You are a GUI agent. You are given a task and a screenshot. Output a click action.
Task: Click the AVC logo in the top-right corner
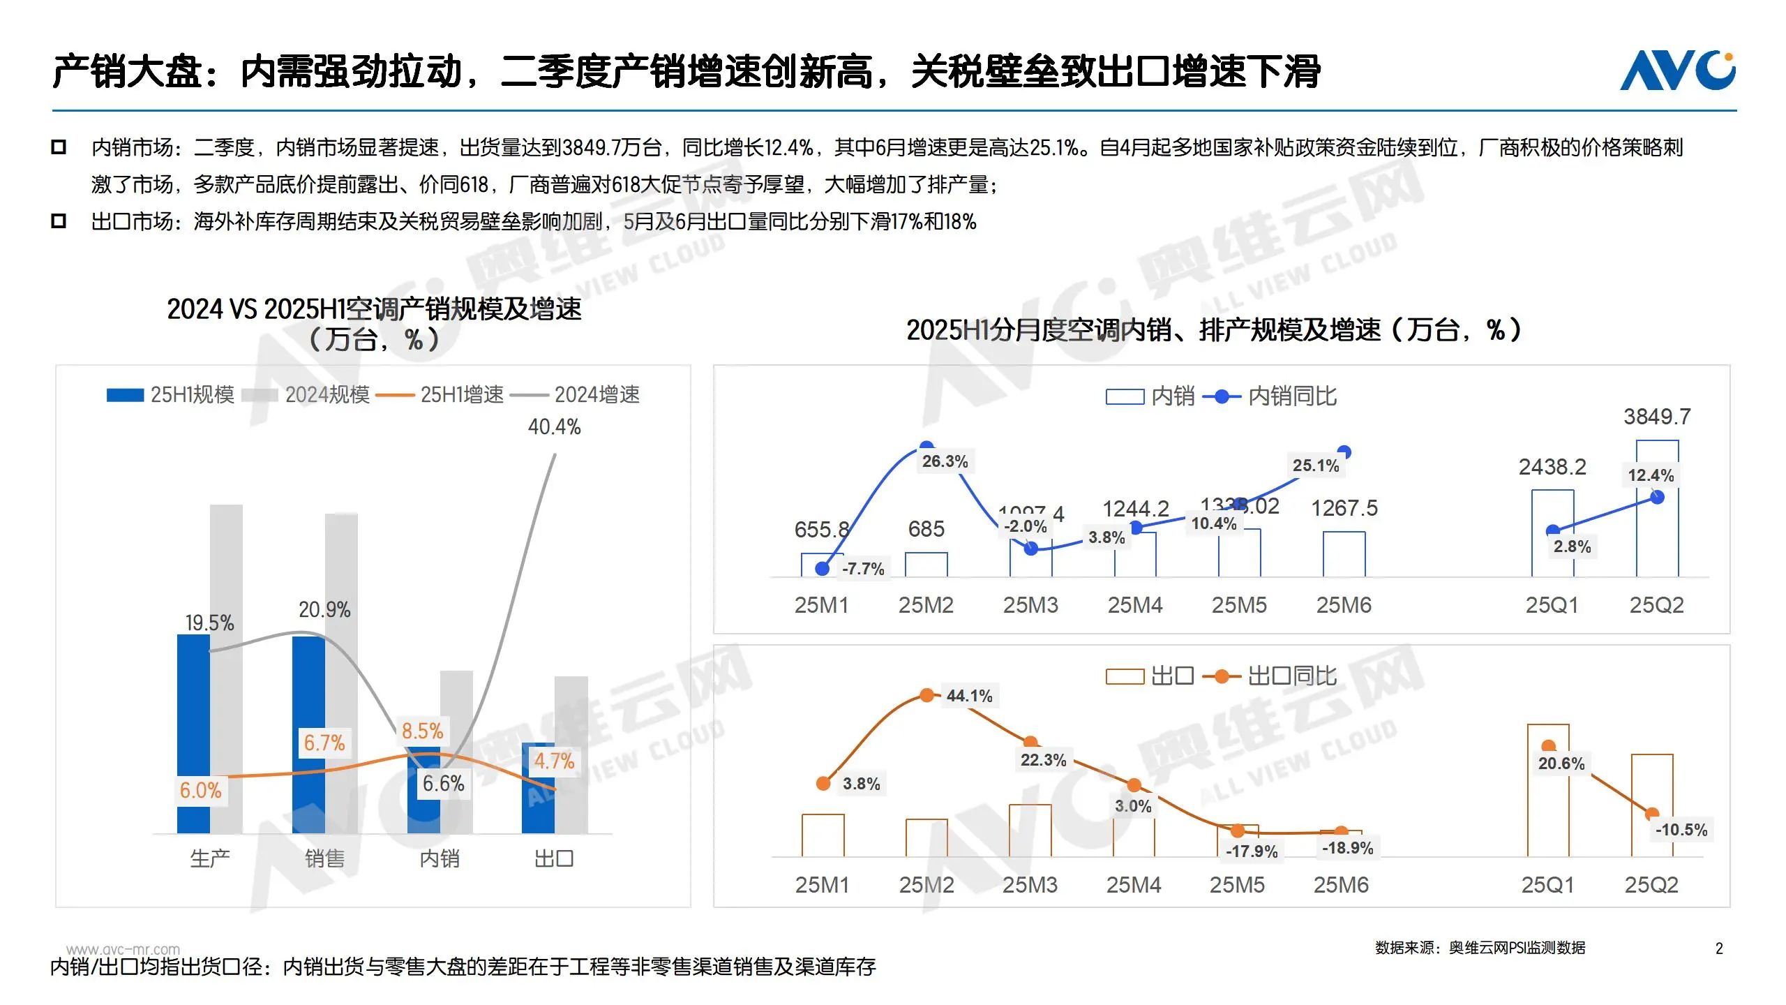point(1677,70)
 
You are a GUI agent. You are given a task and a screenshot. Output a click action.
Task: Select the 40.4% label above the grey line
point(554,426)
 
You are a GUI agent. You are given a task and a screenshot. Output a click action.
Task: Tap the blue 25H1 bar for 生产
point(193,733)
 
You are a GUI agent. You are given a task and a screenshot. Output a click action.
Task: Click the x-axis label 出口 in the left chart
point(554,858)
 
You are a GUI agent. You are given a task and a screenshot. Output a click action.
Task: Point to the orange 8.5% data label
point(422,731)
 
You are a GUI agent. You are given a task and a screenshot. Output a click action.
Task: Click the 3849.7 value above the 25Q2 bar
point(1657,417)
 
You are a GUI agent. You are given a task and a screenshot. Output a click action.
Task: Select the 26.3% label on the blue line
point(945,461)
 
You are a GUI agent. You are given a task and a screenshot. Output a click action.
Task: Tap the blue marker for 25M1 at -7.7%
point(823,569)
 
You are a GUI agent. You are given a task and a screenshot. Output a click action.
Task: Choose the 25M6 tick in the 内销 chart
point(1344,605)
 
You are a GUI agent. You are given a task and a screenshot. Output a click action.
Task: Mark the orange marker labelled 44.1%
point(926,695)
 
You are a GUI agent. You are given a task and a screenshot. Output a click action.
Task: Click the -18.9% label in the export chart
point(1347,848)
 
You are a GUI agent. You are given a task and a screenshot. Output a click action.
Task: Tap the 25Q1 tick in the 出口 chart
point(1547,885)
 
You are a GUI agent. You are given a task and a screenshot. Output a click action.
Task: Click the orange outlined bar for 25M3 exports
point(1030,831)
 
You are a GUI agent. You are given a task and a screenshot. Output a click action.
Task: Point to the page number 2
point(1719,948)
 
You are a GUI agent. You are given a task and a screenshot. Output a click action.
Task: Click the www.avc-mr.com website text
point(123,949)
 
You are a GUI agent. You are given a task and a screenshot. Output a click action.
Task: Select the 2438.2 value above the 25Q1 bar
point(1552,467)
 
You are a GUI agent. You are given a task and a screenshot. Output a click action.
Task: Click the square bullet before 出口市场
point(59,221)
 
